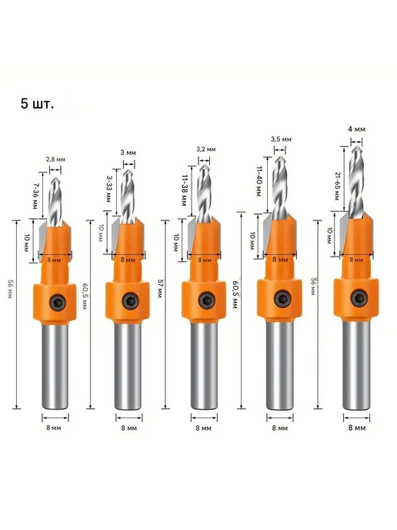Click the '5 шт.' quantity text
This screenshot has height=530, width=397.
(x=37, y=104)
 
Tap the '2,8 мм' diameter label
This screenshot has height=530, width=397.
(x=55, y=159)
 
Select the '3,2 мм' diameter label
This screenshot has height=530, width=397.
(x=206, y=149)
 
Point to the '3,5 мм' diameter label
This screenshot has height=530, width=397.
(x=281, y=139)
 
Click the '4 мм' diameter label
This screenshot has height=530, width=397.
(x=356, y=129)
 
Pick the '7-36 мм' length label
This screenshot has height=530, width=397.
(x=35, y=196)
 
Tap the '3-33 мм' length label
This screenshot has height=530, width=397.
(x=108, y=189)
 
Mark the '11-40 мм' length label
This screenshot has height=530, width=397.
(x=259, y=181)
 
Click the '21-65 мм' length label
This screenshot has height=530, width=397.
(x=337, y=186)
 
